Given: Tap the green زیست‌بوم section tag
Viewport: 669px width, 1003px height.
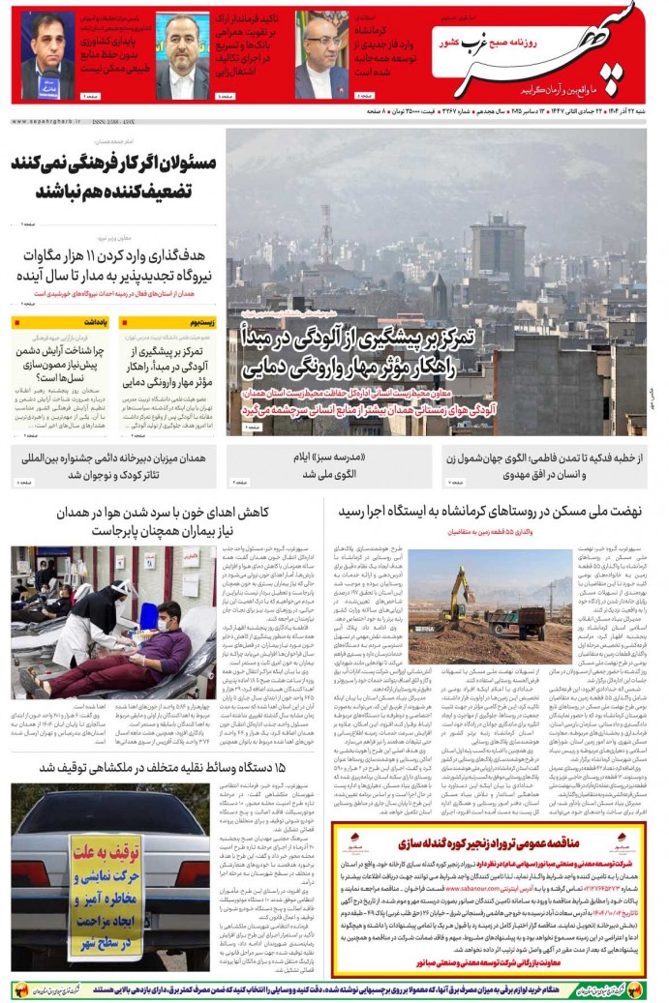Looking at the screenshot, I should pos(195,324).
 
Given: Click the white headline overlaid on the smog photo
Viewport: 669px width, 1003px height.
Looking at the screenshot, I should pos(357,352).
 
